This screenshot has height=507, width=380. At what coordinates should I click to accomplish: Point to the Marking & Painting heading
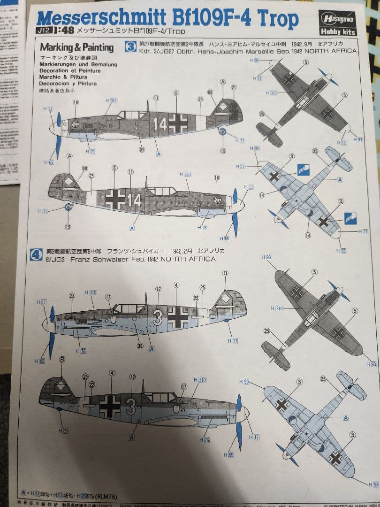coord(76,47)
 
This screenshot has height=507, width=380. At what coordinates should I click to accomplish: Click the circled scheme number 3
coord(131,46)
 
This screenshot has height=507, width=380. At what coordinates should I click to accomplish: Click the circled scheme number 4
coord(37,254)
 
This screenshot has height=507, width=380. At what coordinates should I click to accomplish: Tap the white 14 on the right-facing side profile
coord(135,200)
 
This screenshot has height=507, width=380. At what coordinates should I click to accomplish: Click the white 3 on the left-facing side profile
coord(158,319)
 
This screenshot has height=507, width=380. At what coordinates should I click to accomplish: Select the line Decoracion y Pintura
coord(68,84)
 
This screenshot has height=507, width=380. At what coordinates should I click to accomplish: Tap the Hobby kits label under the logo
coord(338,32)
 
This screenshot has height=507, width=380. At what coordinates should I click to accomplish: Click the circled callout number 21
coord(234,87)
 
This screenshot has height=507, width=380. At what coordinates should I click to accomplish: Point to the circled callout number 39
coord(141,149)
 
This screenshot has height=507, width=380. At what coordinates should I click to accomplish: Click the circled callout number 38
coord(140,346)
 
